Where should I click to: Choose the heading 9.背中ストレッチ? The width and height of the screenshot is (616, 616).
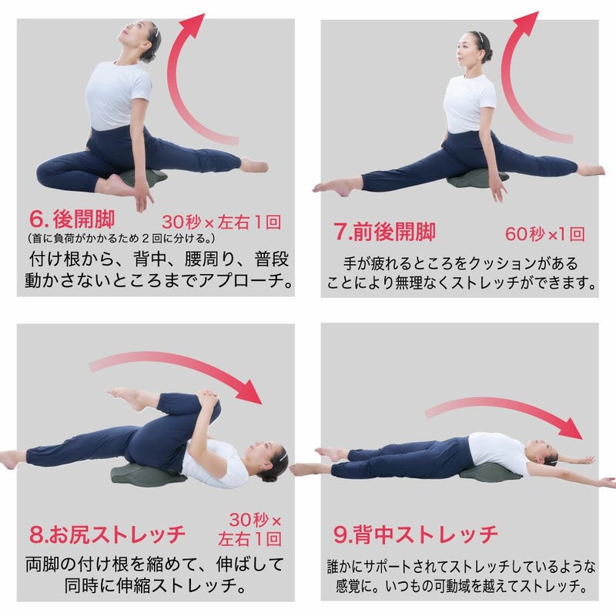[416, 534]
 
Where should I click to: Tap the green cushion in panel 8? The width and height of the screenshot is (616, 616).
[146, 472]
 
